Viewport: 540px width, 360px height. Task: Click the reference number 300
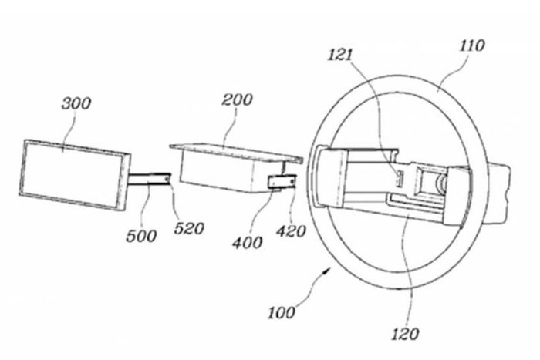pos(76,103)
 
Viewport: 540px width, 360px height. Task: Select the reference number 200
pos(237,99)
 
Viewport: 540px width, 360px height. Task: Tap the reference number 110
pos(472,45)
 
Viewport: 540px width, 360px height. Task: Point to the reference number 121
pos(340,55)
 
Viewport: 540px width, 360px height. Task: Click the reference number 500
pos(141,236)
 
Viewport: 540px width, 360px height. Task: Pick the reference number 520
pos(189,228)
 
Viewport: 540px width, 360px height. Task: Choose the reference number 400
pos(248,243)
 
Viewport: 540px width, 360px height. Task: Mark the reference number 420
pos(291,231)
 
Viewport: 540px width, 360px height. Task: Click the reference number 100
pos(282,312)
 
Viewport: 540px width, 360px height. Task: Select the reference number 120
pos(405,334)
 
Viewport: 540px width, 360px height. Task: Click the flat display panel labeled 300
pos(75,174)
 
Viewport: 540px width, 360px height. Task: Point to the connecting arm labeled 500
pos(150,180)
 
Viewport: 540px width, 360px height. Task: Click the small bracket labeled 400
pos(282,181)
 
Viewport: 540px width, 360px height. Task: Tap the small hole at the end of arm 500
pos(167,179)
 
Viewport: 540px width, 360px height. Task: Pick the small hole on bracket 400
pos(292,180)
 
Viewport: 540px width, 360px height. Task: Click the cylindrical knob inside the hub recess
pos(440,183)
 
